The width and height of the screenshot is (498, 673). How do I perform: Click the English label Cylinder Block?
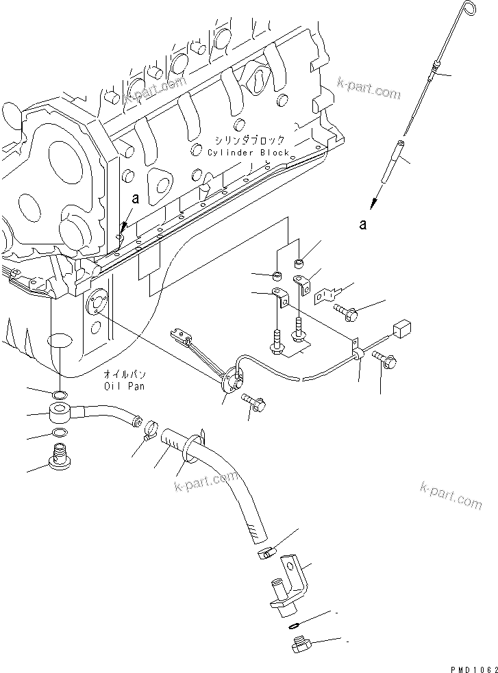tap(249, 153)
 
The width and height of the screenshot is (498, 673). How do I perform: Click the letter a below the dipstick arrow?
tap(363, 223)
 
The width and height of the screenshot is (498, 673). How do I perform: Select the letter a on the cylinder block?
tap(135, 199)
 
